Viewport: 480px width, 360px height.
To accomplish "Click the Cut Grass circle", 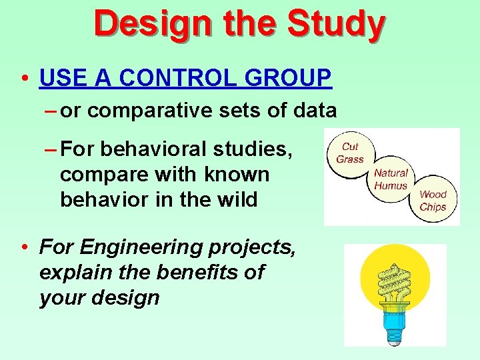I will pyautogui.click(x=349, y=153).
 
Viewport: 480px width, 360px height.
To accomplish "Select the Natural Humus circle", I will pyautogui.click(x=391, y=179).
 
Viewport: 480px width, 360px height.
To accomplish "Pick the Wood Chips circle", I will pyautogui.click(x=433, y=200).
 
